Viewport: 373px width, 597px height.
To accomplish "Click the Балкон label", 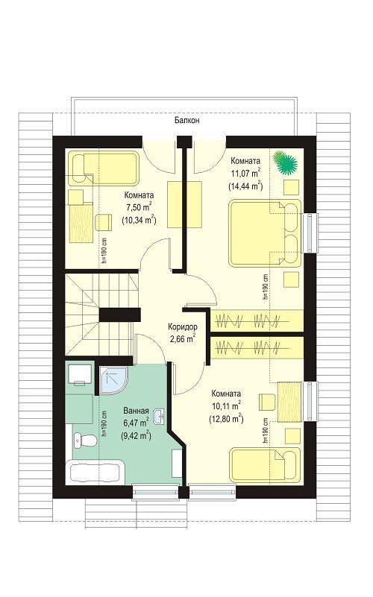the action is click(187, 121).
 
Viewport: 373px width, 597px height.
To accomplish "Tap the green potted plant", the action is click(285, 162).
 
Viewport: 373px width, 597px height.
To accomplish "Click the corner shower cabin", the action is click(114, 381).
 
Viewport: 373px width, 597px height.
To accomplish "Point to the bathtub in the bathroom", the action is click(95, 472).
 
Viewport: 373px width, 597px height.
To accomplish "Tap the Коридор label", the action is click(183, 326).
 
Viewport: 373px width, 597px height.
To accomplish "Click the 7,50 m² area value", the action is click(139, 206).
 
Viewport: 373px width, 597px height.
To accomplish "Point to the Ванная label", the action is click(136, 411).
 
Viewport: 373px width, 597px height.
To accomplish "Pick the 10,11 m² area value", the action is click(226, 405).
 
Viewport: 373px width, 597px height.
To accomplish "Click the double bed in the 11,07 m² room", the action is click(265, 233).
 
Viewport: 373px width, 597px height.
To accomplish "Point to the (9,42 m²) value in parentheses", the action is click(136, 435).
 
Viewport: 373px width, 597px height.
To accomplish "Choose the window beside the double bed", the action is click(309, 233).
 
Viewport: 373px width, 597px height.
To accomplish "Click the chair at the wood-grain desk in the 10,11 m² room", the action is click(268, 402).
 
